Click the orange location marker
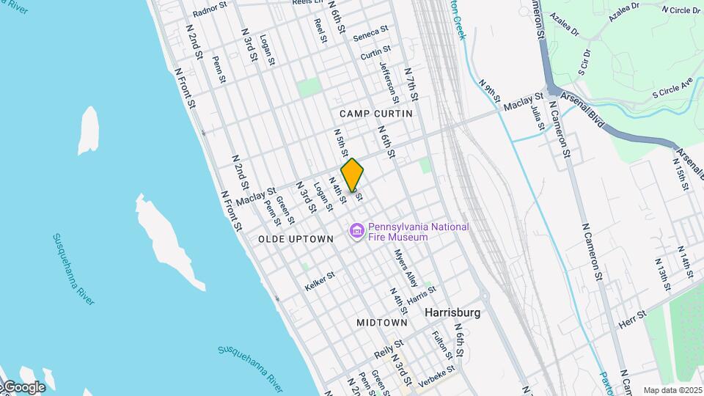353,175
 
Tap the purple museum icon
357,232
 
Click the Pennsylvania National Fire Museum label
418,232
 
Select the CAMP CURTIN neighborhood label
376,114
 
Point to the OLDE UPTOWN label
296,239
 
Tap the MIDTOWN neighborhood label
382,323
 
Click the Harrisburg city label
452,312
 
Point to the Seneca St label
370,34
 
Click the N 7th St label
411,84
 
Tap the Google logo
23,387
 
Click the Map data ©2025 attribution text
672,390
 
